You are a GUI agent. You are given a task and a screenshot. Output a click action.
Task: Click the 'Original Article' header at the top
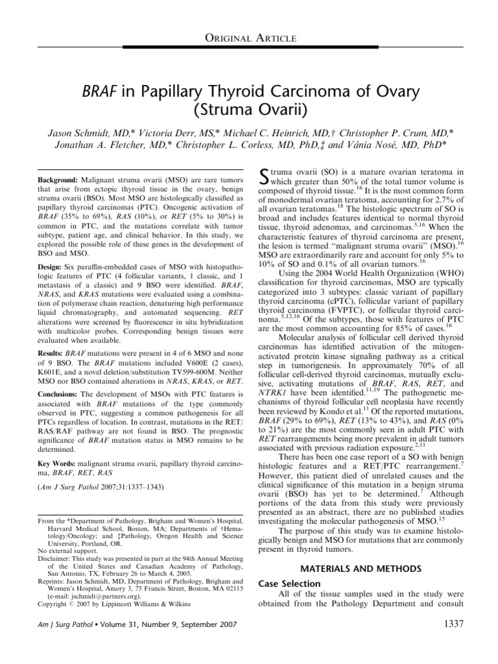pos(249,38)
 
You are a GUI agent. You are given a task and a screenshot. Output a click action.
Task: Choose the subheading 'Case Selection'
pos(289,584)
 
